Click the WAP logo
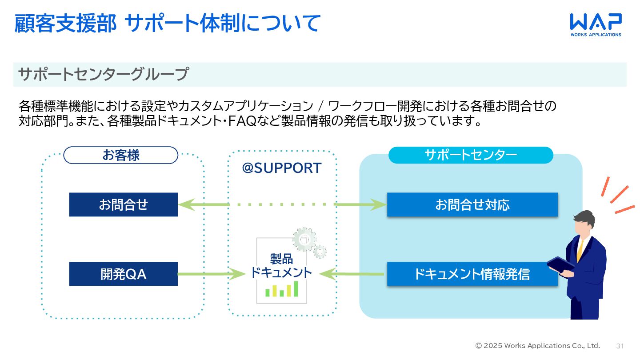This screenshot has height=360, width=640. pyautogui.click(x=596, y=25)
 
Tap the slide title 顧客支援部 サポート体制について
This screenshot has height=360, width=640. pyautogui.click(x=168, y=23)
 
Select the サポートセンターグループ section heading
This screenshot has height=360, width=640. pyautogui.click(x=104, y=74)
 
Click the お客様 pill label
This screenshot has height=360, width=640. pyautogui.click(x=120, y=155)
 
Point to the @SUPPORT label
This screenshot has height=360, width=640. pyautogui.click(x=282, y=168)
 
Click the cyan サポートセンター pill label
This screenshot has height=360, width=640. pyautogui.click(x=471, y=155)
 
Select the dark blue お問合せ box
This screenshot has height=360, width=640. pyautogui.click(x=124, y=204)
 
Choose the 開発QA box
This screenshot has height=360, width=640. pyautogui.click(x=124, y=274)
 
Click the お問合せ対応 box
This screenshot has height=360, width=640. pyautogui.click(x=472, y=204)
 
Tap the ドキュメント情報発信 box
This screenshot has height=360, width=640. pyautogui.click(x=472, y=274)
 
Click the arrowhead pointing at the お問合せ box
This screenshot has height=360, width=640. pyautogui.click(x=186, y=204)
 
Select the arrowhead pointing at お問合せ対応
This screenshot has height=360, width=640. pyautogui.click(x=378, y=204)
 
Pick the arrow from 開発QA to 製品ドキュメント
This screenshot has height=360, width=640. pyautogui.click(x=212, y=274)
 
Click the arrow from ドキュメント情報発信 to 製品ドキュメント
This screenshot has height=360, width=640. pyautogui.click(x=352, y=274)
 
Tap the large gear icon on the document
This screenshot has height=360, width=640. pyautogui.click(x=304, y=240)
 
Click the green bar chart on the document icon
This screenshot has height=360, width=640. pyautogui.click(x=282, y=289)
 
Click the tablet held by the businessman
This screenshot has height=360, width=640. pyautogui.click(x=560, y=265)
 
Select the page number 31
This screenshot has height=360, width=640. pyautogui.click(x=620, y=346)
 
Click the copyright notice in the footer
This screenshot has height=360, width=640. pyautogui.click(x=537, y=346)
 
